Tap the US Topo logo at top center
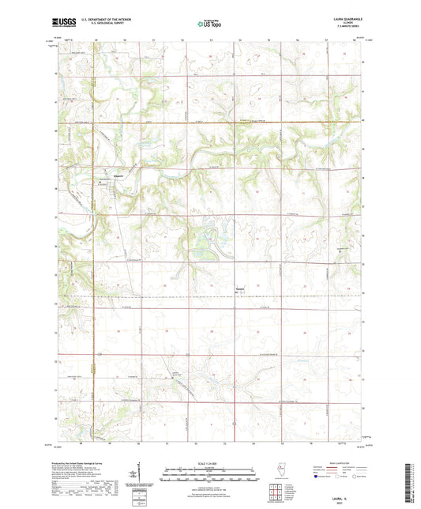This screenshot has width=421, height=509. [x=209, y=25]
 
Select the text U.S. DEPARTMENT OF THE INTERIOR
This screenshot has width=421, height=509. [x=107, y=21]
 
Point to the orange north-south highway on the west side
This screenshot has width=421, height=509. [x=92, y=237]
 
